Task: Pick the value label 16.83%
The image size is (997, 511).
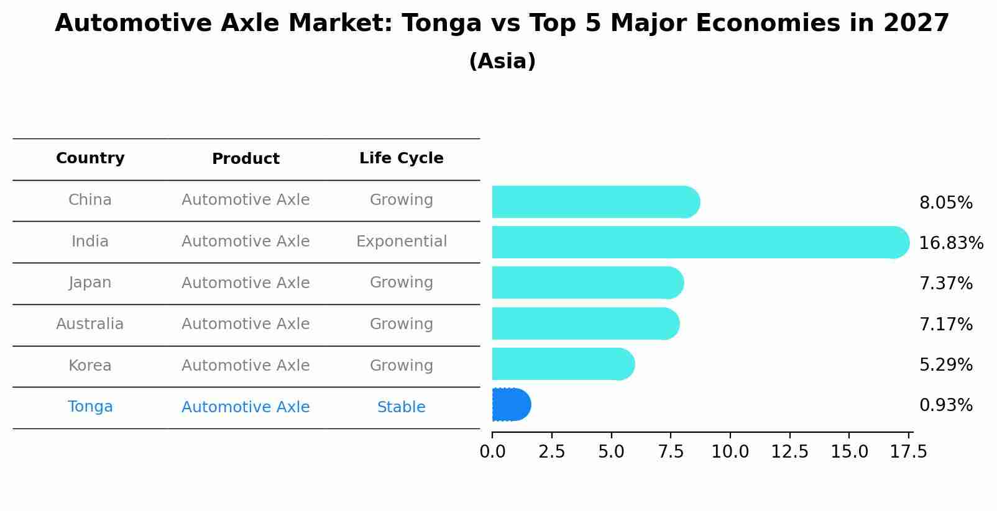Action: point(950,243)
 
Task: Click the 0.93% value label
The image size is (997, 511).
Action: point(945,405)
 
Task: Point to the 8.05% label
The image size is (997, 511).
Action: point(945,203)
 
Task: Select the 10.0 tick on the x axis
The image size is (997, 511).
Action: point(730,452)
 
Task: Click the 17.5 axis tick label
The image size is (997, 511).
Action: point(909,452)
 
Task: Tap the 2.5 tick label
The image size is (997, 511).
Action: point(551,452)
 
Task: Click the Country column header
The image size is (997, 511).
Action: point(90,158)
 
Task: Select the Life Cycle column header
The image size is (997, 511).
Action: point(401,158)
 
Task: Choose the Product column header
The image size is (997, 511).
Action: point(246,159)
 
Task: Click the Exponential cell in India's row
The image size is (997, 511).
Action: point(401,242)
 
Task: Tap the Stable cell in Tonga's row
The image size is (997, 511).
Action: point(401,407)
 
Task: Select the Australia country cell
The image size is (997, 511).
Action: point(90,324)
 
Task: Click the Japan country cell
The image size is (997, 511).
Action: point(90,283)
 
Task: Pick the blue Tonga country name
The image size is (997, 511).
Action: point(90,407)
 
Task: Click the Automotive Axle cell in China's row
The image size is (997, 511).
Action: point(246,200)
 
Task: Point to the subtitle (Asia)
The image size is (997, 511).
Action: point(502,61)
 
